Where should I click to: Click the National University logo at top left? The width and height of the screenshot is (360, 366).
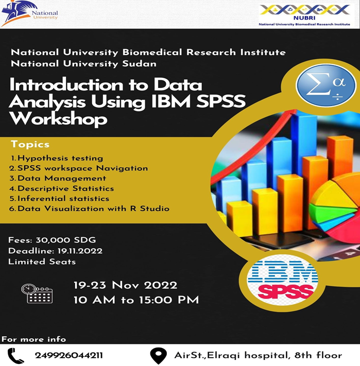(x=29, y=14)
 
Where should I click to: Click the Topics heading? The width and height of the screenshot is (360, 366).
(x=30, y=144)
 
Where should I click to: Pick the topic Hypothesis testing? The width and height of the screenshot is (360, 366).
(x=57, y=158)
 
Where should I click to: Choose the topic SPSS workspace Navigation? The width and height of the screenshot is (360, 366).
(x=79, y=168)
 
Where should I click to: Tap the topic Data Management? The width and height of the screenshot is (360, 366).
(x=58, y=178)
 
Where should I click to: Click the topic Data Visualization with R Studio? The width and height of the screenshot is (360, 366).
(x=90, y=208)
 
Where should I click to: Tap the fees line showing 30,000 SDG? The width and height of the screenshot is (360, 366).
(x=52, y=240)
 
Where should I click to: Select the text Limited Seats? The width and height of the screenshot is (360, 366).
(x=42, y=262)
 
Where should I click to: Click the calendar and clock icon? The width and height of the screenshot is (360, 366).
(x=37, y=293)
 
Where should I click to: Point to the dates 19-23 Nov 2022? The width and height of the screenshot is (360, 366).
(x=125, y=285)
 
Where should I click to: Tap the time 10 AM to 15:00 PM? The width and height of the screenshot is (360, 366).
(x=136, y=300)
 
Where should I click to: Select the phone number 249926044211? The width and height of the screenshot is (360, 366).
(x=68, y=355)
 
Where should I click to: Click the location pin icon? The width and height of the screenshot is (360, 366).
(x=158, y=355)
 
